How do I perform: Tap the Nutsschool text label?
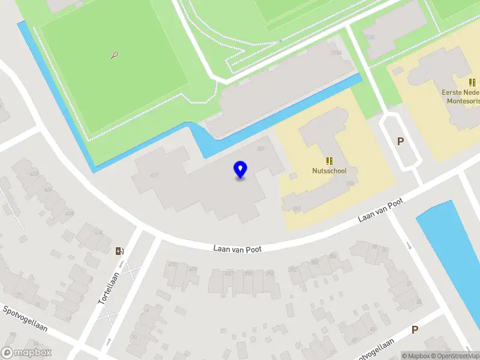[329, 171]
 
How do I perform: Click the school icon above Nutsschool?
[329, 160]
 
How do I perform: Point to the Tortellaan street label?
[109, 287]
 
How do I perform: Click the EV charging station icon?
[119, 251]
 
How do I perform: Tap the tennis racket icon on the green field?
[114, 55]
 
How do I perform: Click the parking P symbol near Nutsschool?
[400, 142]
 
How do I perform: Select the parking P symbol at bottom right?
[415, 329]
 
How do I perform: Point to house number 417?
[154, 175]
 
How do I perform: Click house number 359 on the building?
[261, 149]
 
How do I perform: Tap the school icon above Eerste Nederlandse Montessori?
[472, 82]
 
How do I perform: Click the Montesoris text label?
[463, 101]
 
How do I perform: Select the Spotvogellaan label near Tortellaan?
[25, 320]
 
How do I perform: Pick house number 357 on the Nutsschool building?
[296, 208]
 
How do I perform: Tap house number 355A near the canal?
[336, 53]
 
